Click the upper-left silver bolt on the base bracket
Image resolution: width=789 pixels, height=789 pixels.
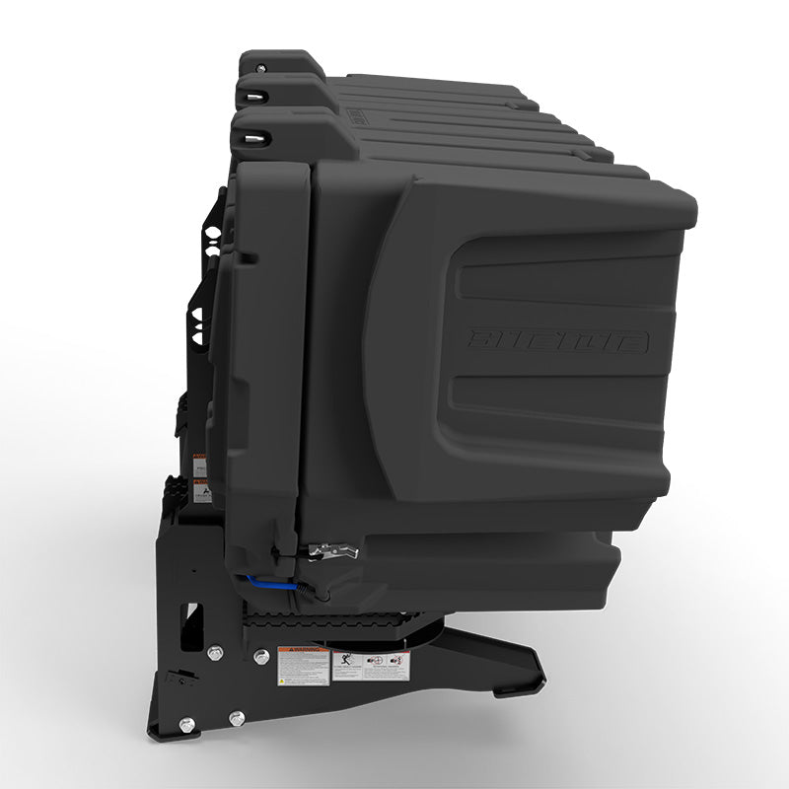(x=214, y=652)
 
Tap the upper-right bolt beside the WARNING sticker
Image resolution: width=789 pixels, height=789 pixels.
(x=260, y=656)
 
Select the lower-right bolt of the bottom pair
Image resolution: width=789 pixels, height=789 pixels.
(x=235, y=718)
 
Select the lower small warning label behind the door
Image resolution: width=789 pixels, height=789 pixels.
(x=201, y=489)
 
